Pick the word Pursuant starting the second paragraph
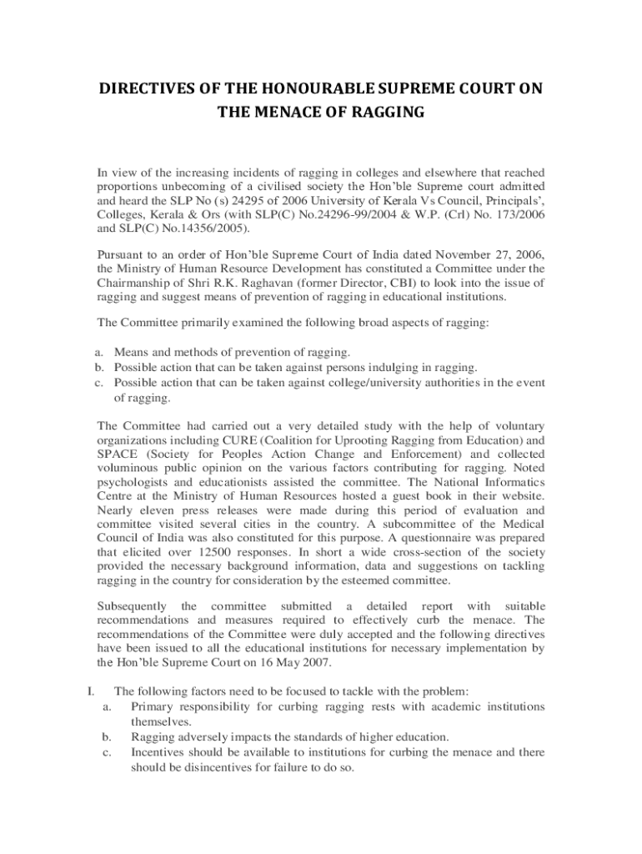tap(123, 255)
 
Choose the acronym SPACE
tap(118, 455)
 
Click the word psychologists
tap(133, 483)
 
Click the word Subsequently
tap(132, 606)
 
